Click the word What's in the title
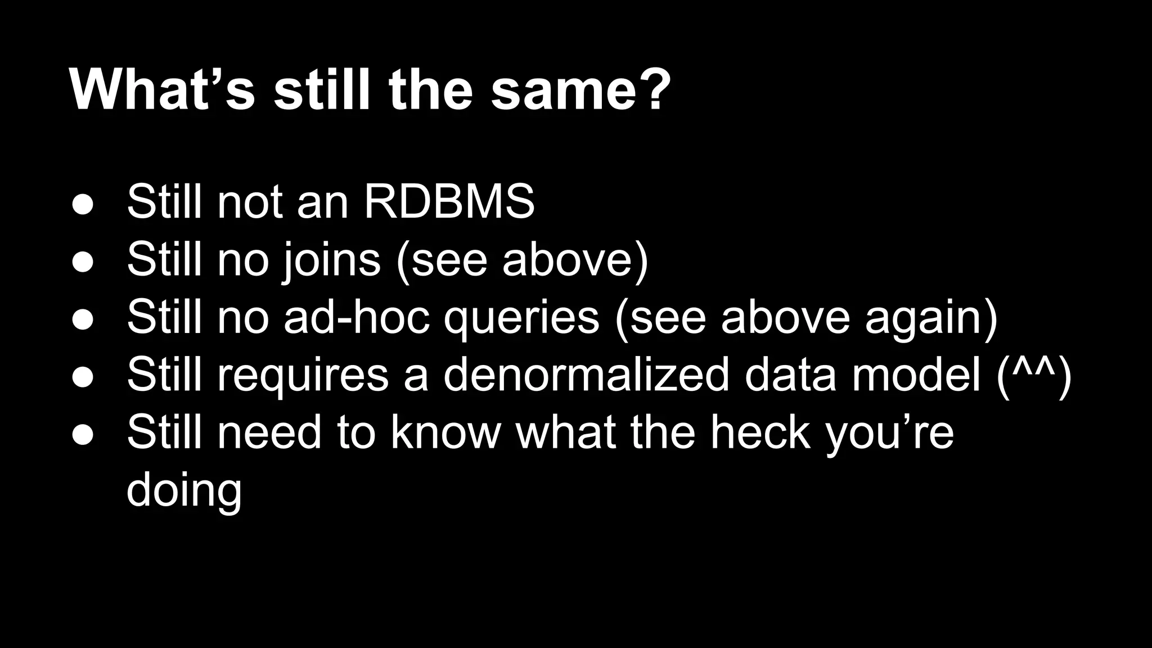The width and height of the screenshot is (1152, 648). [x=163, y=89]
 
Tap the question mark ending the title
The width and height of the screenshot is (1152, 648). [x=654, y=89]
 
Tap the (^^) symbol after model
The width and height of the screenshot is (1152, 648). [x=1034, y=376]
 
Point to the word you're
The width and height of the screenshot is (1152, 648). [x=889, y=434]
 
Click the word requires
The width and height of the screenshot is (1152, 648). [x=303, y=377]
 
